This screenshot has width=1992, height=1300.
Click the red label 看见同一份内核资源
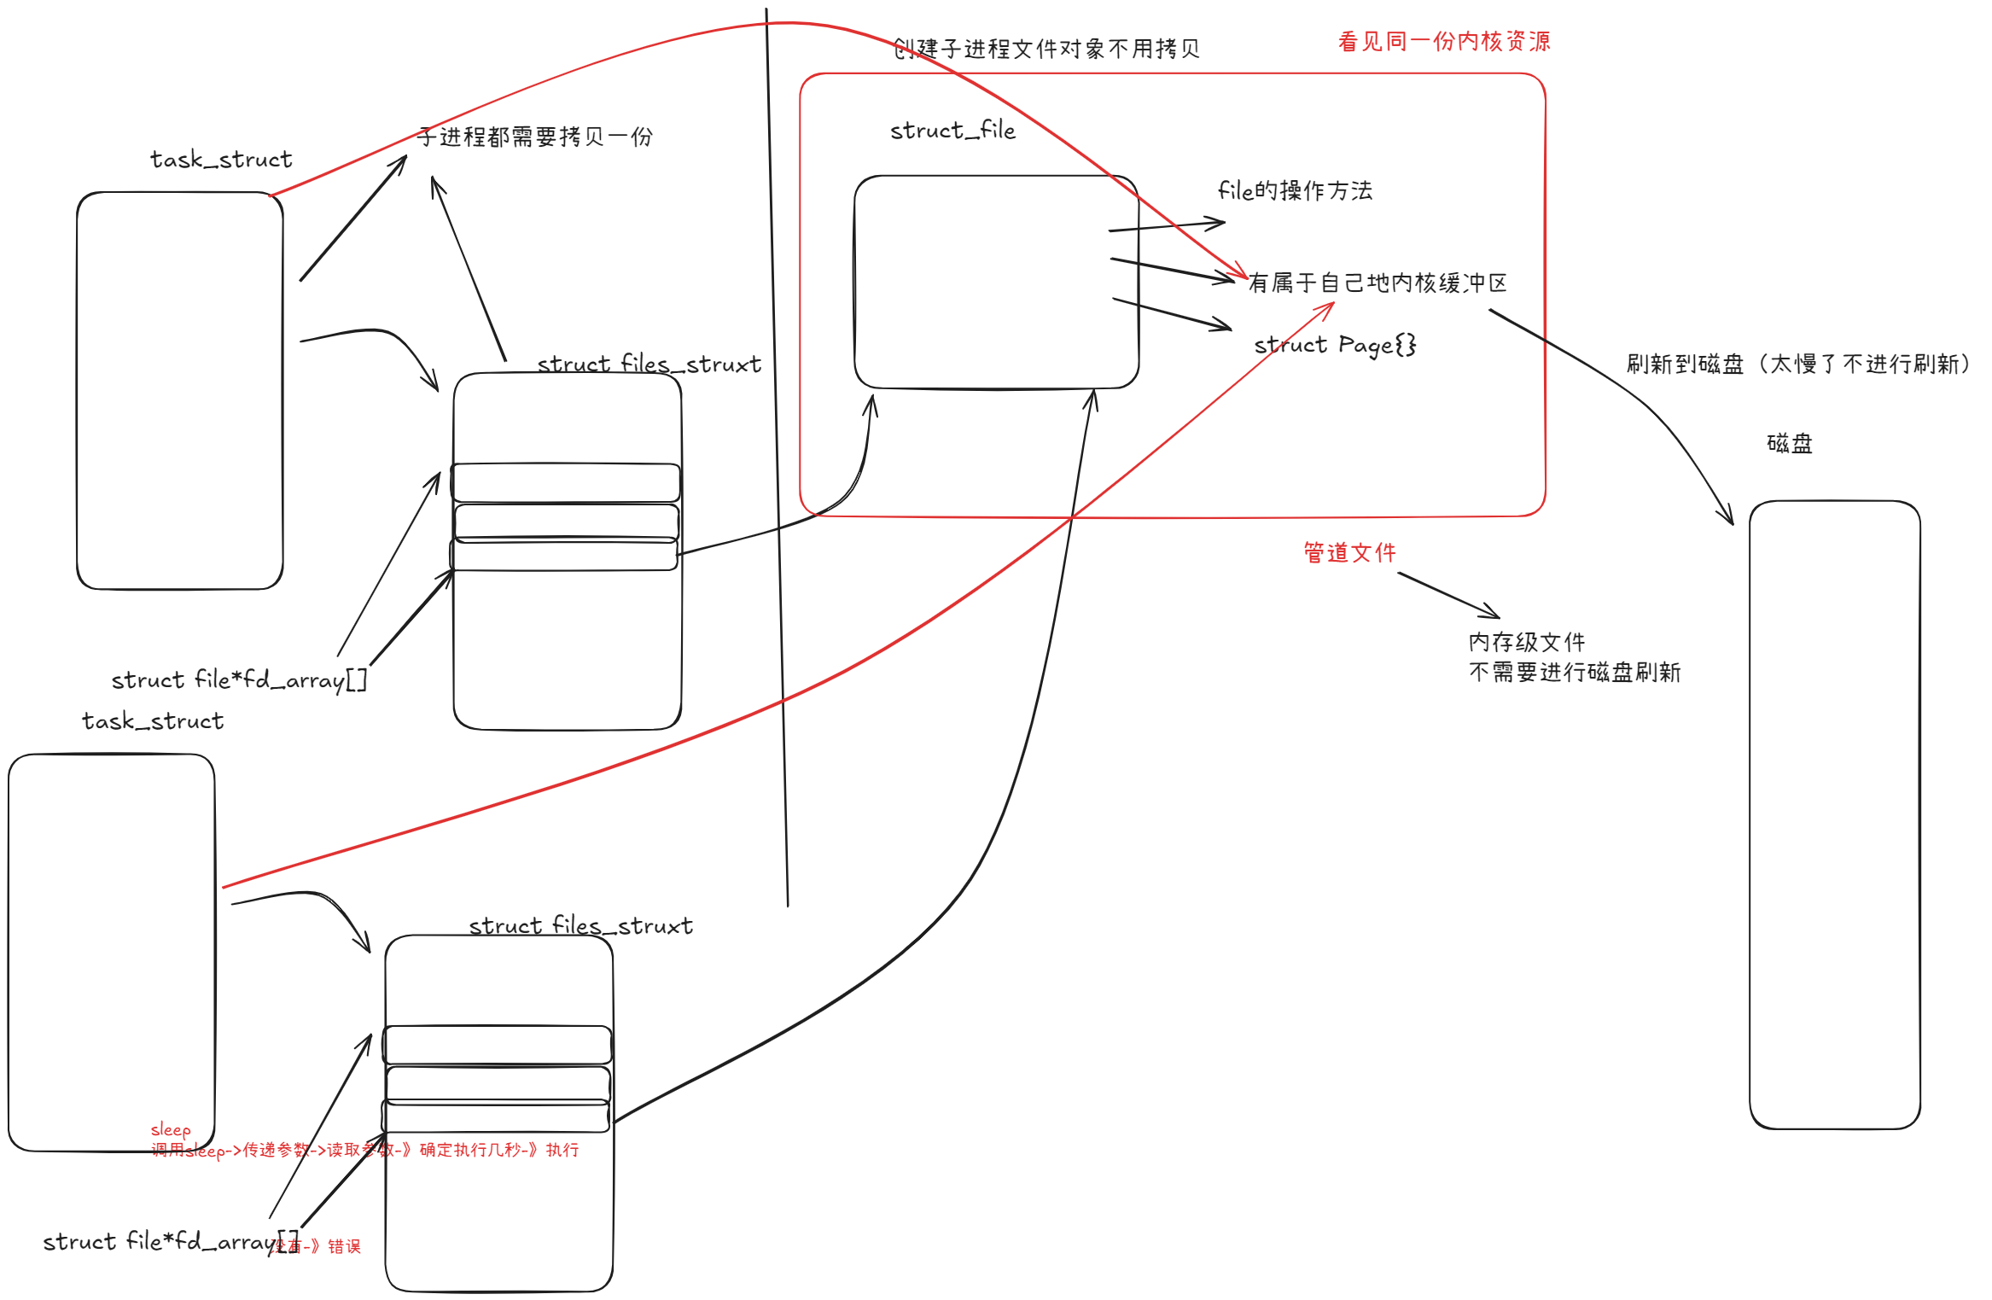1443,41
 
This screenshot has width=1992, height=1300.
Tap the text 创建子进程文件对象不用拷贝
1046,49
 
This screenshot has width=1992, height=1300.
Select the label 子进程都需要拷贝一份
535,137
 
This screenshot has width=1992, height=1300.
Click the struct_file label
952,131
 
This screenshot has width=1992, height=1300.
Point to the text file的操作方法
1295,190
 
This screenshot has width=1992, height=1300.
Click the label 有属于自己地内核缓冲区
1377,283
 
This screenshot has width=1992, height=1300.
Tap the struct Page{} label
1335,345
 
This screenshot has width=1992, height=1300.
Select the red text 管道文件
1349,552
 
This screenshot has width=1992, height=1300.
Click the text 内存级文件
1526,642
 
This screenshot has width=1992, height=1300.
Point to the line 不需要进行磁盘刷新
1575,673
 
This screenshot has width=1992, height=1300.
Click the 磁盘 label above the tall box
1789,444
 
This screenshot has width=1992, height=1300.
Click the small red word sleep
171,1130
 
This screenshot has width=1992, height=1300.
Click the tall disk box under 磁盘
1834,814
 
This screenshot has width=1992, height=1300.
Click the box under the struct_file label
996,282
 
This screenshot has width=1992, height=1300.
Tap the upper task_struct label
221,160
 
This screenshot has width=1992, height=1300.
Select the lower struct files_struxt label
580,926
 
